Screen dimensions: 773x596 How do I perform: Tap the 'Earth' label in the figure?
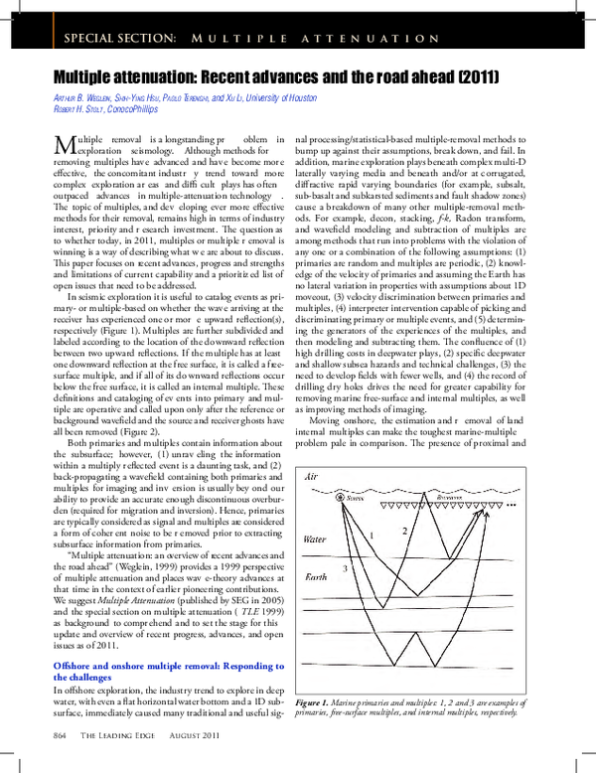314,577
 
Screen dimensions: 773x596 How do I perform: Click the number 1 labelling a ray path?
372,536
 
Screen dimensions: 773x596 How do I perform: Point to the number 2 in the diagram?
404,531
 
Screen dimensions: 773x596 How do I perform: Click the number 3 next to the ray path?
344,567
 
